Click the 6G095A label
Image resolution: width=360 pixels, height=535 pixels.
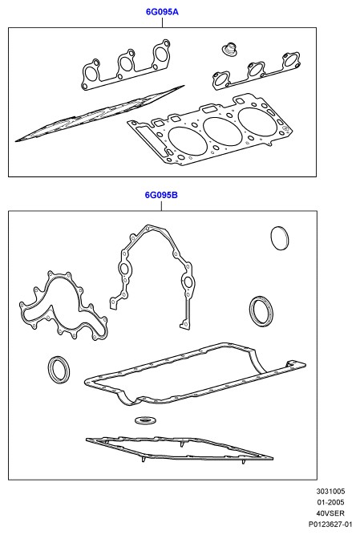[162, 12]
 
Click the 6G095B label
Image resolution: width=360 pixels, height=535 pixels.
[161, 195]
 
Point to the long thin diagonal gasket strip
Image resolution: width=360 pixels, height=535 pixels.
[99, 114]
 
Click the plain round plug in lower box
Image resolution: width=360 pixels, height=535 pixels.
[280, 238]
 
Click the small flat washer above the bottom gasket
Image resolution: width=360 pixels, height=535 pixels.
[147, 420]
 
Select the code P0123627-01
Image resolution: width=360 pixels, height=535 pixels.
[330, 524]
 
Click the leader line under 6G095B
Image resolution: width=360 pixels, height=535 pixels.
[161, 205]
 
